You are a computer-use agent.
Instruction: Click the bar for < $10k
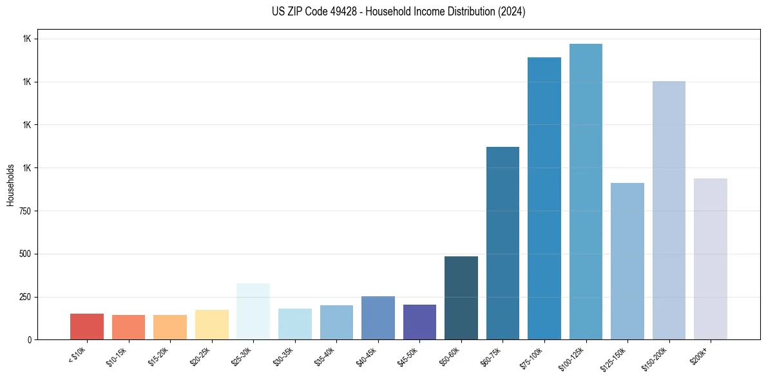click(x=86, y=327)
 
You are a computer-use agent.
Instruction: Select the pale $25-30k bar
click(x=253, y=312)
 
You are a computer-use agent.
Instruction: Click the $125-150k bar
click(x=627, y=261)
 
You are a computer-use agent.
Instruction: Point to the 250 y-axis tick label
click(x=26, y=297)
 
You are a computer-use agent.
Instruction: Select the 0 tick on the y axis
click(x=29, y=340)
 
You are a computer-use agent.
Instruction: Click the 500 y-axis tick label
click(x=26, y=254)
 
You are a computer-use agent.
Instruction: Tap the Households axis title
click(x=10, y=185)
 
